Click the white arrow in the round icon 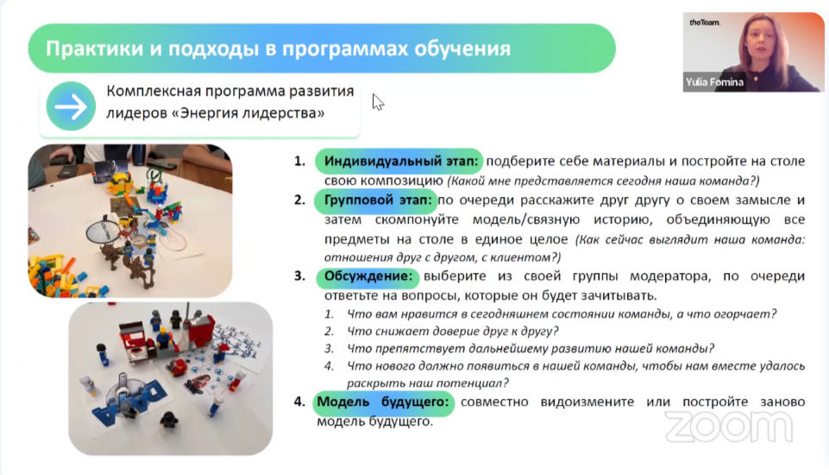pos(71,106)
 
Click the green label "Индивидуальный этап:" pos(399,161)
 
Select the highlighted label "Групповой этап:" pos(376,200)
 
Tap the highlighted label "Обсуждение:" pos(368,275)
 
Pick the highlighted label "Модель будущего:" pos(383,402)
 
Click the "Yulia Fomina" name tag pos(714,82)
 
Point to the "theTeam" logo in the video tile pos(704,22)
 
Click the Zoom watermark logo pos(729,427)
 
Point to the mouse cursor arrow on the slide pos(378,102)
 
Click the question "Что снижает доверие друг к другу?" pos(453,332)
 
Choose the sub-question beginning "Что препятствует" pos(531,348)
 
